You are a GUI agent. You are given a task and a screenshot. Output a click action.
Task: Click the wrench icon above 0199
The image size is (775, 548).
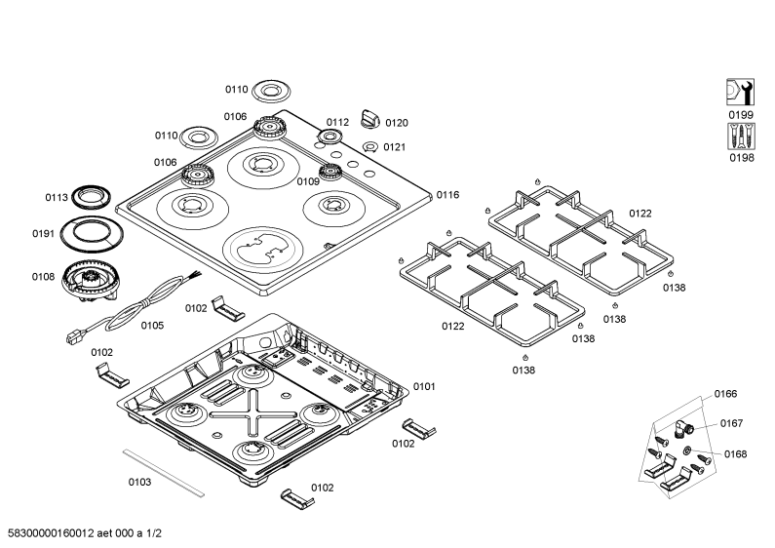tap(740, 92)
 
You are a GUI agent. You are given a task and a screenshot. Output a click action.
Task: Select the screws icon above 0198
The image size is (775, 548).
tap(741, 136)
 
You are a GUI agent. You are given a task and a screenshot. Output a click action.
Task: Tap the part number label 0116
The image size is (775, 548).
tap(447, 195)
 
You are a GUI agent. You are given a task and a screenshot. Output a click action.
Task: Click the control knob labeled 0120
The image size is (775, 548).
tap(370, 119)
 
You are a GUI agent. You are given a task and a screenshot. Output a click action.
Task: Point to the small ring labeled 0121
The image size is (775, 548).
tap(369, 147)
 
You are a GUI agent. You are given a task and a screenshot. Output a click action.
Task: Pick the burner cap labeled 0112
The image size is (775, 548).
tap(330, 137)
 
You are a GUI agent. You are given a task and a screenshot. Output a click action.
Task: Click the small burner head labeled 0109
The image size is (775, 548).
tap(330, 173)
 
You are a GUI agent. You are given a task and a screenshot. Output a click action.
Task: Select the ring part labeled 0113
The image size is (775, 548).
tap(91, 197)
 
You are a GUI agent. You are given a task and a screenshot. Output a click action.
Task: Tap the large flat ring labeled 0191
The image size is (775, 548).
tap(92, 233)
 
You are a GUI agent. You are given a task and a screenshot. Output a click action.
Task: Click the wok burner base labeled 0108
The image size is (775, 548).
tap(91, 280)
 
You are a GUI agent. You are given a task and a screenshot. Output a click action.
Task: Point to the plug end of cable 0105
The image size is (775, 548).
tap(73, 336)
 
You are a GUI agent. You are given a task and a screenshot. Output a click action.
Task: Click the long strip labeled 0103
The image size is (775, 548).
tap(163, 473)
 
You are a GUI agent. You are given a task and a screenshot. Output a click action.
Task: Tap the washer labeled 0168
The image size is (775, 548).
tap(686, 450)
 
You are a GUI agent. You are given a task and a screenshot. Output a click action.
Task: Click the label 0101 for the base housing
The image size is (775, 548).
tap(424, 386)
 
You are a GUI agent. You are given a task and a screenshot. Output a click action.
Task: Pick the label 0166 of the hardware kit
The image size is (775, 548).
tap(725, 394)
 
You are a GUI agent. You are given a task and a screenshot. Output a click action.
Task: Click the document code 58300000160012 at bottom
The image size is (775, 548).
tap(52, 533)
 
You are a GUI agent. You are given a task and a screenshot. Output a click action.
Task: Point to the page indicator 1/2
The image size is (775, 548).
tap(154, 533)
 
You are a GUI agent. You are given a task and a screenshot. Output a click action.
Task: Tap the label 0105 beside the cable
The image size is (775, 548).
tap(152, 326)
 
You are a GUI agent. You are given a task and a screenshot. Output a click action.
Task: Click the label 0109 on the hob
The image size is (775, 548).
tap(308, 182)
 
